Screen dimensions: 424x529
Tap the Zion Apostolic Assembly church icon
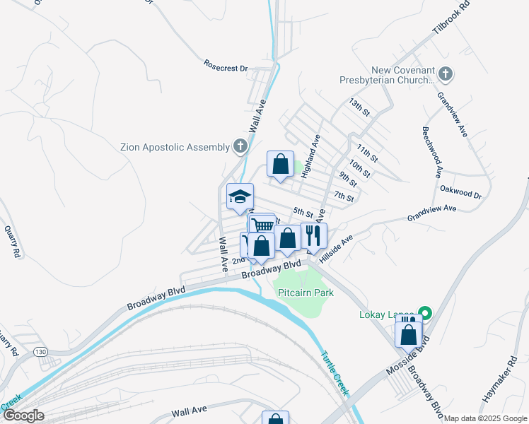[x=240, y=147]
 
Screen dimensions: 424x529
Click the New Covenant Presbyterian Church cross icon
[x=446, y=73]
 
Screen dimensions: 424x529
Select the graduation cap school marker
[x=240, y=196]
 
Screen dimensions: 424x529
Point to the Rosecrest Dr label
[x=225, y=69]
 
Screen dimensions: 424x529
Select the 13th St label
[x=359, y=107]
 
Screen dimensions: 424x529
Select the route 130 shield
[x=39, y=352]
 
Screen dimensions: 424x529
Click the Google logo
[x=23, y=416]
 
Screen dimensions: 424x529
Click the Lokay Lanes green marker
[x=424, y=312]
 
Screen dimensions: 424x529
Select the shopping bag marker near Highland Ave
[x=280, y=164]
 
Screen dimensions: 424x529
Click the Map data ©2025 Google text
[x=485, y=418]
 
